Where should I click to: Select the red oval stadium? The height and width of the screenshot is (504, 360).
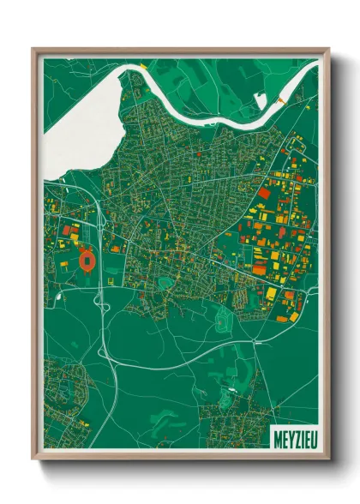click(87, 257)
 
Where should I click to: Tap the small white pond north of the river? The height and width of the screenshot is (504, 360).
click(261, 101)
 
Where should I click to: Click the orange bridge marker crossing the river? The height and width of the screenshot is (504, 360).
click(283, 101)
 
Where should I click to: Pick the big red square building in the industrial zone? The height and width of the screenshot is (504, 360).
click(263, 195)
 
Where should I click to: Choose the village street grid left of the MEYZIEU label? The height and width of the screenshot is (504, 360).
click(231, 420)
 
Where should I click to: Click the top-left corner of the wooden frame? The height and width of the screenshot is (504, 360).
click(33, 49)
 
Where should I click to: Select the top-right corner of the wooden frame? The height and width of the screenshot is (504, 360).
click(329, 49)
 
